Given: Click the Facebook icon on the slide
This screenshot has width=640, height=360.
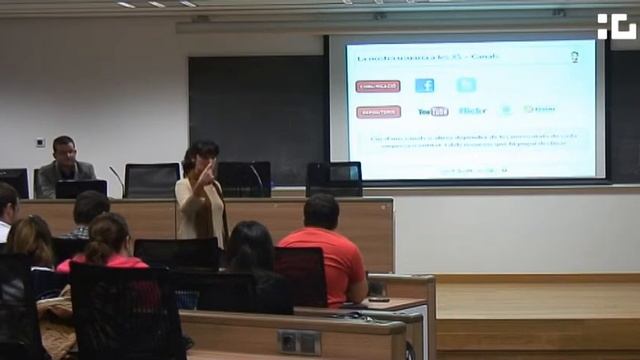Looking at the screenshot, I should point(424,86).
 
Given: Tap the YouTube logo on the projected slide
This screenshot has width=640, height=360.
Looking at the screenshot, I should point(433,111).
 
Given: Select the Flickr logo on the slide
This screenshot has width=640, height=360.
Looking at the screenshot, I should point(472,110).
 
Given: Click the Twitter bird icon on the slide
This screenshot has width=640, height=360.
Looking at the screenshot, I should point(466,85).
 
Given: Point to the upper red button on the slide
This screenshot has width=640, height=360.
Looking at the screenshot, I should point(378,86).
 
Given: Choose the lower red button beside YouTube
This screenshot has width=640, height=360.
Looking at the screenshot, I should point(378,111).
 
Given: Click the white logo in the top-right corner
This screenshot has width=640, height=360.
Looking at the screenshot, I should point(616,26).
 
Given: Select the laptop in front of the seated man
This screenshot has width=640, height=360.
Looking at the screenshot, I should point(81,188).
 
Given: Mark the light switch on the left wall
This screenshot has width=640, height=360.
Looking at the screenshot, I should point(40,142).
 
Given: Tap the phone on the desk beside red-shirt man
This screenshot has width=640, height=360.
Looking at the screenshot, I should point(379,299).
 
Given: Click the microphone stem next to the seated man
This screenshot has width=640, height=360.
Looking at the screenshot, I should point(118,180).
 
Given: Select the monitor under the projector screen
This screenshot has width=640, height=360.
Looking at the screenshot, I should point(334,179).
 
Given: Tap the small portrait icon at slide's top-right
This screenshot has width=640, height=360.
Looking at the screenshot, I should point(575,57).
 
